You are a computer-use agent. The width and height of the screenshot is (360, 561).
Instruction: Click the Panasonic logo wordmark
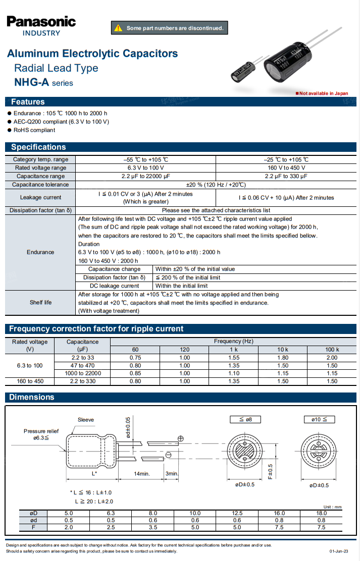41,22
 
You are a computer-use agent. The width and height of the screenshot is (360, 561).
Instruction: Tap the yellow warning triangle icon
119,28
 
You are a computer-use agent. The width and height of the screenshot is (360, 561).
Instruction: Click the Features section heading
28,101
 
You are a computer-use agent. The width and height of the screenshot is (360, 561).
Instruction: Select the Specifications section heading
38,147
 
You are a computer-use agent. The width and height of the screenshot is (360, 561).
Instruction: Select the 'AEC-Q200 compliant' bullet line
61,122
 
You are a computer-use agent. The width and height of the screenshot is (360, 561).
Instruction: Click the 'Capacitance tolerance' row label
40,185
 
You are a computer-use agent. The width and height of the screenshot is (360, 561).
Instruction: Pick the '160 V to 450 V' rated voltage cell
286,167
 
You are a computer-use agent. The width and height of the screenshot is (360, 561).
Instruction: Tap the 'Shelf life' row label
40,303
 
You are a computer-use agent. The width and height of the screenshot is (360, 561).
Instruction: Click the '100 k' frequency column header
332,350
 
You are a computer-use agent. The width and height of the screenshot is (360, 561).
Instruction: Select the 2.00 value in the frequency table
332,358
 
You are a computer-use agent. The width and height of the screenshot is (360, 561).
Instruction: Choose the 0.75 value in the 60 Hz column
135,358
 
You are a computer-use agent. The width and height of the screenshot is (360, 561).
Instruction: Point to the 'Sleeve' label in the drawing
86,420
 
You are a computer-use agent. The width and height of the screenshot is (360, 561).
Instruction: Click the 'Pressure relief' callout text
41,431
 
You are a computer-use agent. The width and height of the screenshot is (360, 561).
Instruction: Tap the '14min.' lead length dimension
142,474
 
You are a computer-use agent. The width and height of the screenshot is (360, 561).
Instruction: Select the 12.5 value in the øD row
237,513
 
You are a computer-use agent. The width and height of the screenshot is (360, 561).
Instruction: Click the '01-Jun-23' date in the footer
339,551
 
